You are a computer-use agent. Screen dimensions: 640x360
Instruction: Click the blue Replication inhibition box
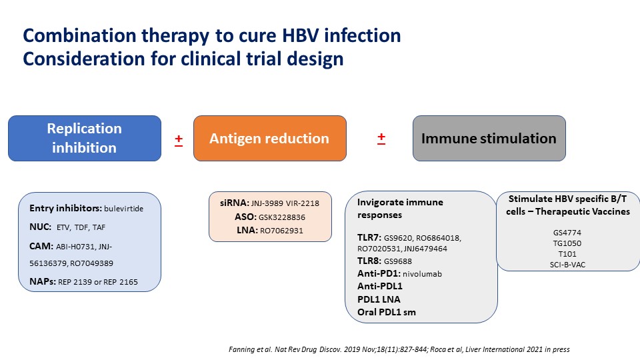[85, 139]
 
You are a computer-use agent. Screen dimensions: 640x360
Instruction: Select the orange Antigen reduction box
[270, 139]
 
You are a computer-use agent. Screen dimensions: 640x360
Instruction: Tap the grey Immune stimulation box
[489, 139]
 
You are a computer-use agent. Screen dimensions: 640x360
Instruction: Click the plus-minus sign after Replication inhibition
[179, 140]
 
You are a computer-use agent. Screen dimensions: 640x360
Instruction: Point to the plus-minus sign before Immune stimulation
[381, 139]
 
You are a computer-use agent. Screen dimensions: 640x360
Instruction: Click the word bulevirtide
[124, 209]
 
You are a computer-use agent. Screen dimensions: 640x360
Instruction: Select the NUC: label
[41, 227]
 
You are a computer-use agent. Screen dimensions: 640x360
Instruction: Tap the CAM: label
[41, 246]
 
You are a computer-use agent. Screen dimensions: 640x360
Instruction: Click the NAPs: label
[43, 281]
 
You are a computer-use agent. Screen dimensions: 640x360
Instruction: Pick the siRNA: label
[234, 203]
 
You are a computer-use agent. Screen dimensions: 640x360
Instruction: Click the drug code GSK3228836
[282, 217]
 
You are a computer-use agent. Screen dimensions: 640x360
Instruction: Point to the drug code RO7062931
[281, 231]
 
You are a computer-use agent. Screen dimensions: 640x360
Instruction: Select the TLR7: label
[369, 237]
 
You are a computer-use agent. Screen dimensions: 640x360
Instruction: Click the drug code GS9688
[398, 261]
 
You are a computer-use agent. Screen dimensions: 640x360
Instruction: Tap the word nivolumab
[423, 274]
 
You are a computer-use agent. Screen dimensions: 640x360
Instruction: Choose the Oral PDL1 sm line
[387, 312]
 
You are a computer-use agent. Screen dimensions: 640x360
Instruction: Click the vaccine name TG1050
[567, 243]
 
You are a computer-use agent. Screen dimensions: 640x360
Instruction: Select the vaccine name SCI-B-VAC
[567, 265]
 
